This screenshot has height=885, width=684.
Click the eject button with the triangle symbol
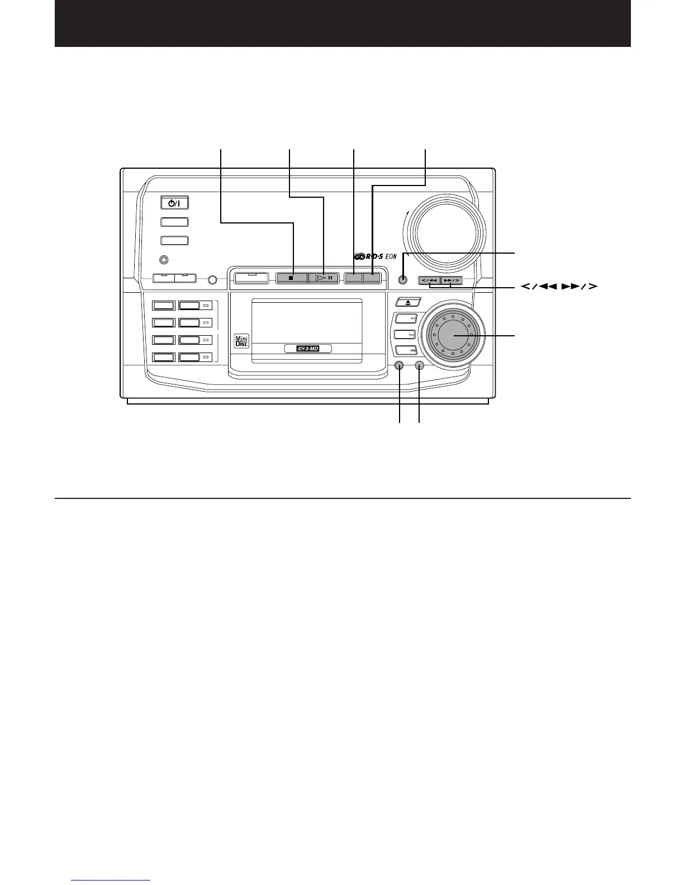click(406, 302)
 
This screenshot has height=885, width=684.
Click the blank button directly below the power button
click(174, 222)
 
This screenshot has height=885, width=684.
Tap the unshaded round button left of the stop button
click(212, 279)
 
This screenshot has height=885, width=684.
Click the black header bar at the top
click(342, 23)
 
